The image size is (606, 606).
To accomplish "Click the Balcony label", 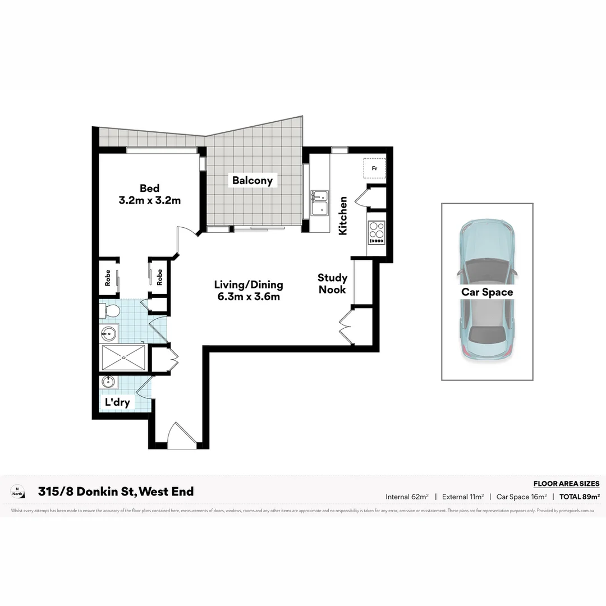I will (x=252, y=180).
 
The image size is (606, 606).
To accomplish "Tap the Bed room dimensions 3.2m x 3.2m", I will (x=150, y=200).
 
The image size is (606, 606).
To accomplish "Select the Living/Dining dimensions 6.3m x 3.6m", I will (x=249, y=297).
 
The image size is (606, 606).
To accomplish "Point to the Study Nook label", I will (x=333, y=283).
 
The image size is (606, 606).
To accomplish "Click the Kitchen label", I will (x=343, y=215).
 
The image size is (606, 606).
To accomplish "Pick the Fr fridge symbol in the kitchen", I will (x=374, y=168).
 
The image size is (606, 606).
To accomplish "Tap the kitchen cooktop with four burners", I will (x=377, y=232).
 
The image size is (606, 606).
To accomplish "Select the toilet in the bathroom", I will (x=109, y=310).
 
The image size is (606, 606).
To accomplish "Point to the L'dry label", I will (x=118, y=402).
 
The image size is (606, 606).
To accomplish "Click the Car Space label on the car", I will (x=487, y=292).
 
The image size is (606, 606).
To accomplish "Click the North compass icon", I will (x=17, y=492).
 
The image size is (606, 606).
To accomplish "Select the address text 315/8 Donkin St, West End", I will (x=116, y=492).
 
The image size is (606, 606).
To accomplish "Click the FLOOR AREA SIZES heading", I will (x=566, y=484).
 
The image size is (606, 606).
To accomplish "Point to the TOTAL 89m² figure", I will (x=580, y=497).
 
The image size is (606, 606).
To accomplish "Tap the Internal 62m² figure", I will (x=407, y=497).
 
